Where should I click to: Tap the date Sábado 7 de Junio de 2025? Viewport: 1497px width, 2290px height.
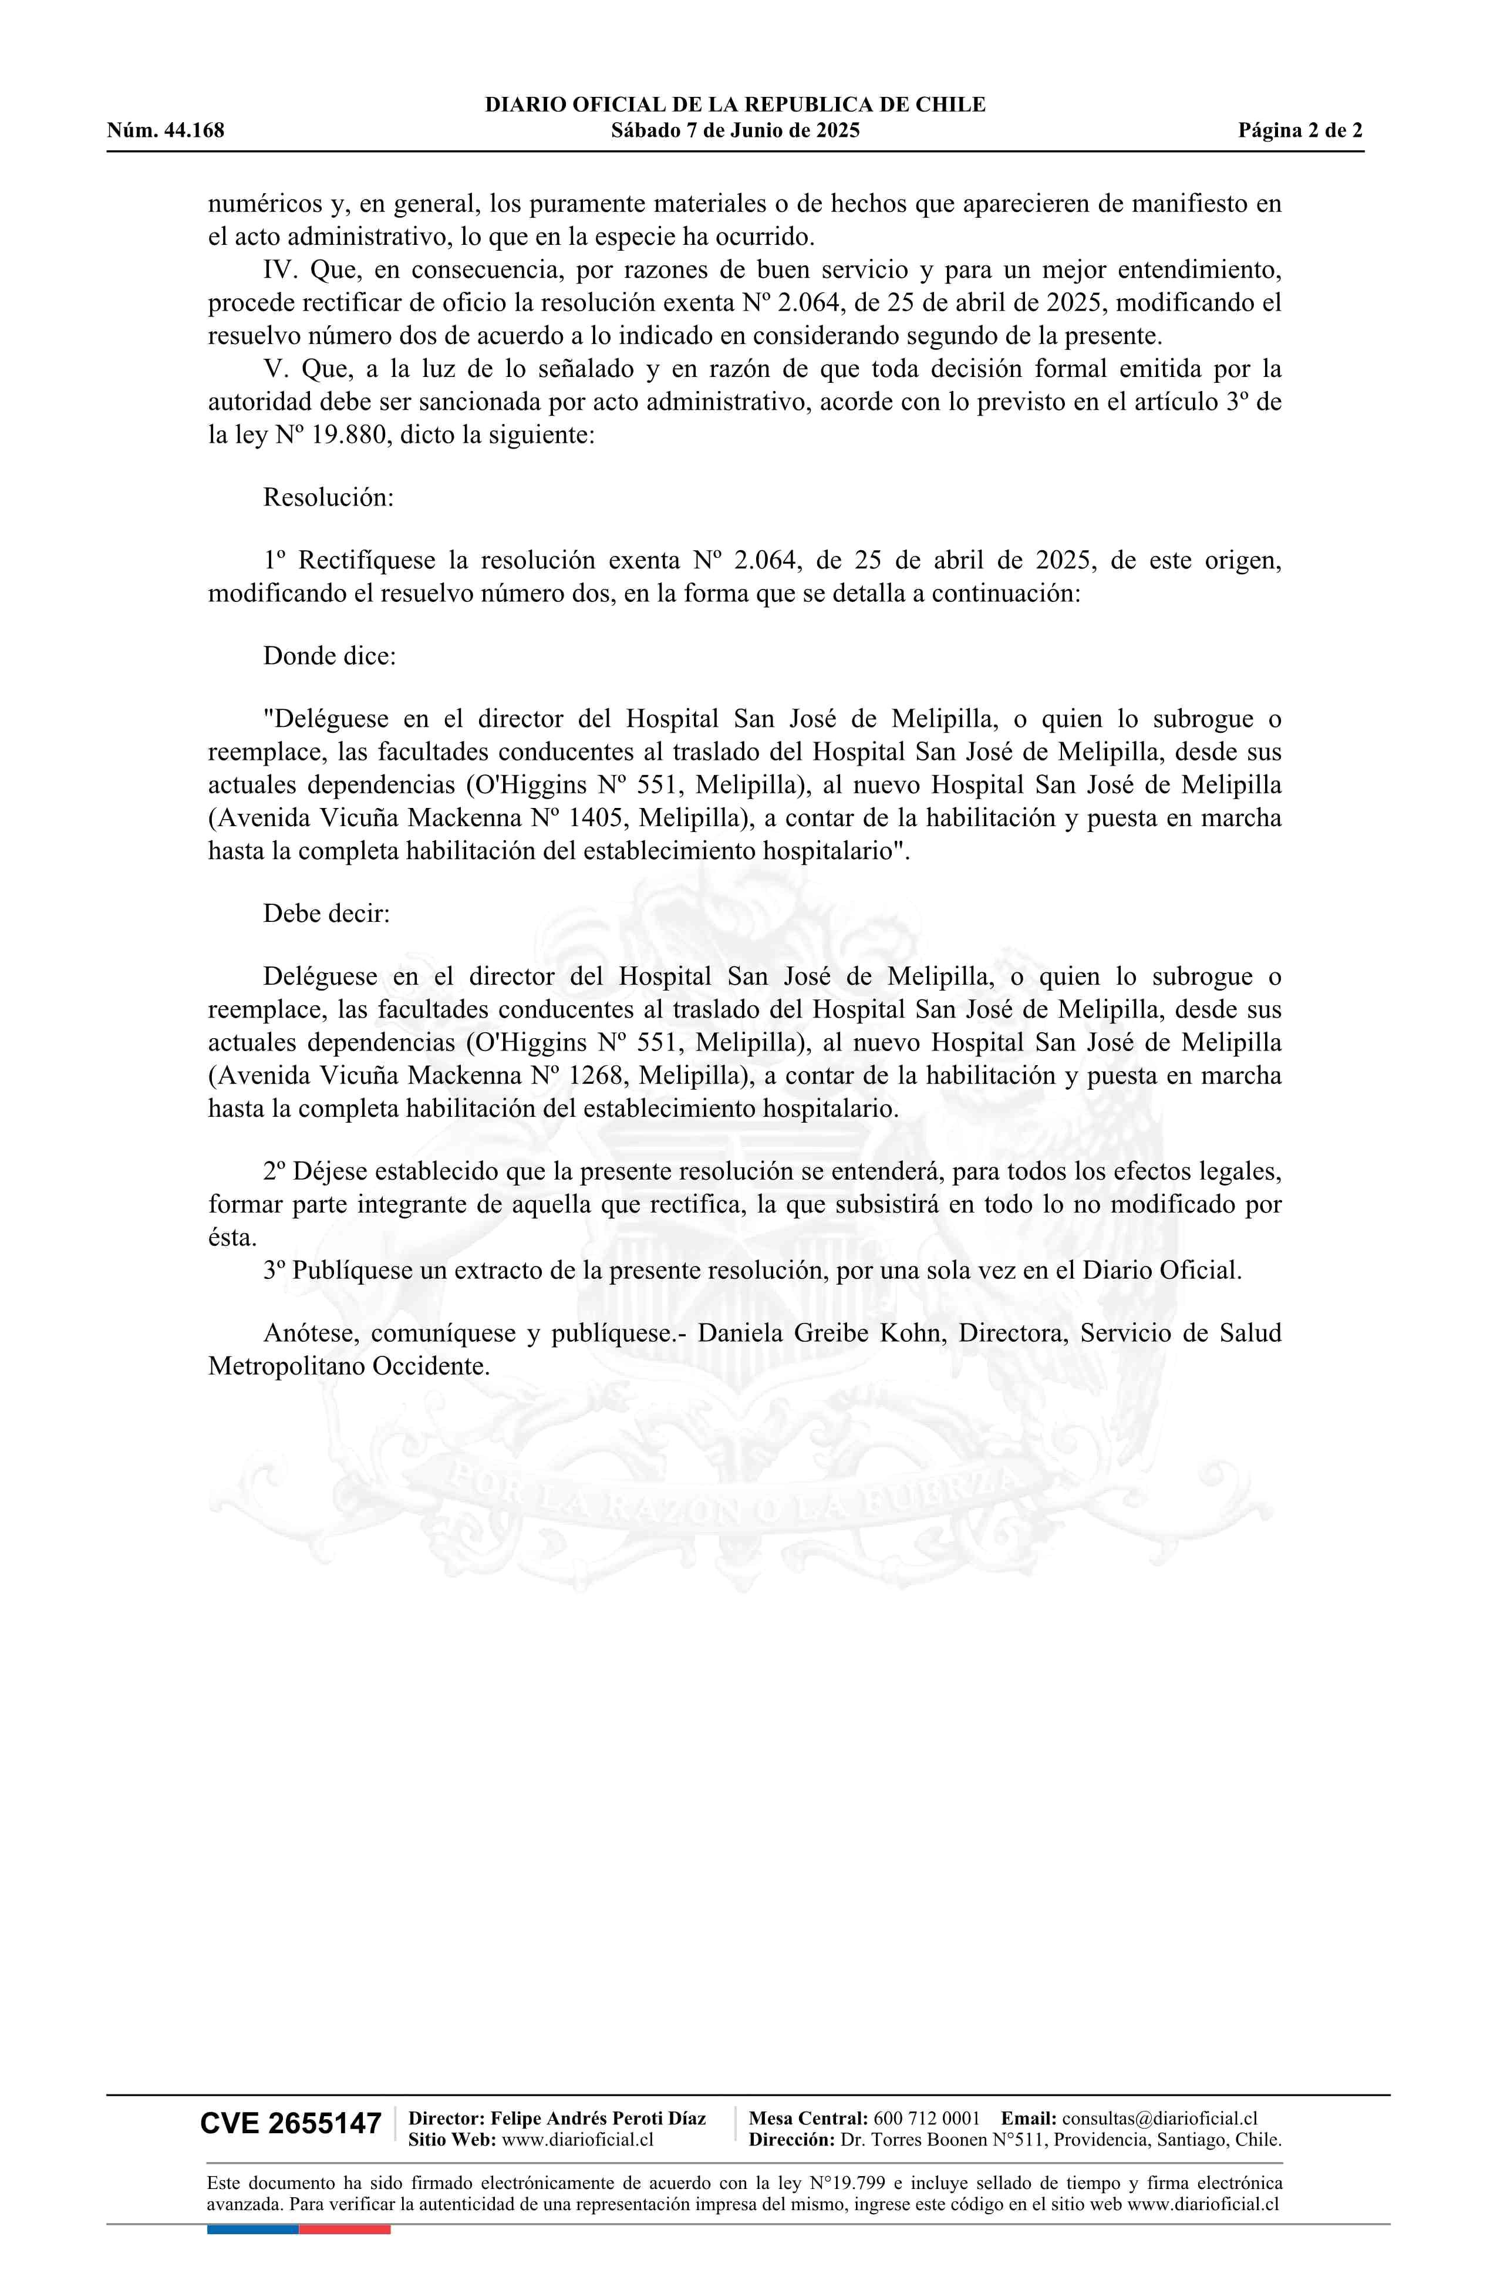[x=735, y=131]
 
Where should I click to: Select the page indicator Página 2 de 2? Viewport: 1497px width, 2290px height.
[x=1300, y=131]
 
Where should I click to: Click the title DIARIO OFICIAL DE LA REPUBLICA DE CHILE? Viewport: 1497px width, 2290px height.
[x=735, y=105]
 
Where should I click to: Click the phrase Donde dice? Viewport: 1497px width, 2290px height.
[x=329, y=656]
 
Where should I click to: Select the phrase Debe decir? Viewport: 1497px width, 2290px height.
[x=326, y=913]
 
